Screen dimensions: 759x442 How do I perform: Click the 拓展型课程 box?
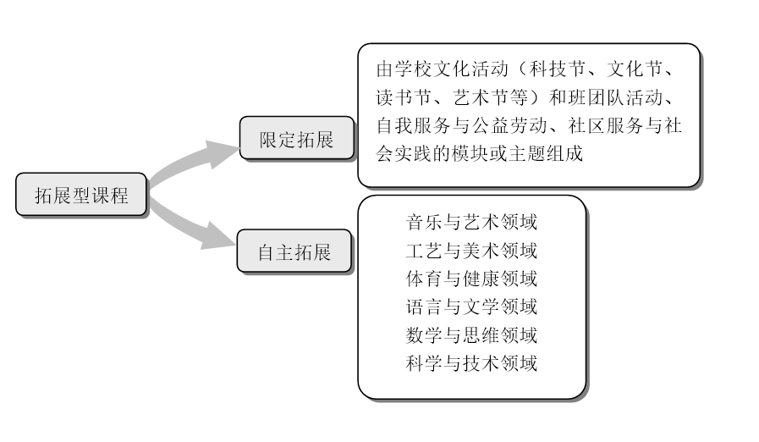[81, 195]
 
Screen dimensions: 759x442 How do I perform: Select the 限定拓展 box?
[297, 138]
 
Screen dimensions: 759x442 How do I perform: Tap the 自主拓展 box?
[294, 251]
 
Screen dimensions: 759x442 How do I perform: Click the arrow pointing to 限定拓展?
[191, 159]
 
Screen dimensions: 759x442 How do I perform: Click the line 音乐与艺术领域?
[471, 222]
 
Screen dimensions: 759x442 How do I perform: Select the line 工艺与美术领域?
[471, 251]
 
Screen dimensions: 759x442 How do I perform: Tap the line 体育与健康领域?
[471, 279]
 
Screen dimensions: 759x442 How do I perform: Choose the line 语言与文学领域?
[471, 307]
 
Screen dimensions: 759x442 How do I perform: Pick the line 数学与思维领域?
[471, 335]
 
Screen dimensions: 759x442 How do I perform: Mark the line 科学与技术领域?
[471, 363]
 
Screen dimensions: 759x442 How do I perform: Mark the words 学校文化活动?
[451, 69]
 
